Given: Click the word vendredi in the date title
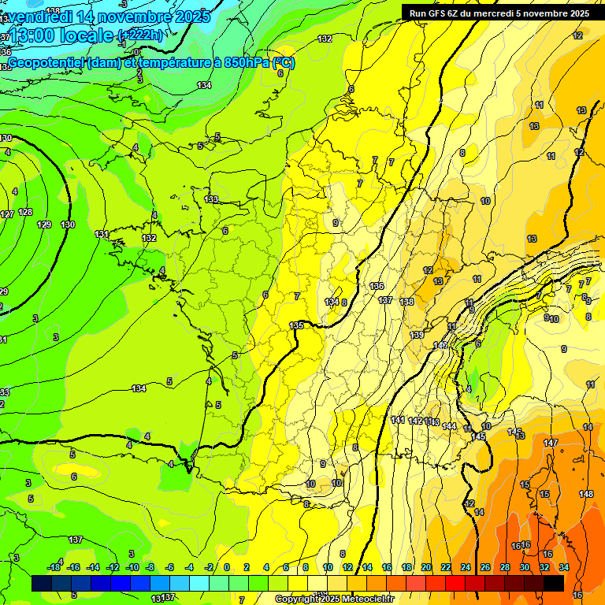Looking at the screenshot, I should coord(36,17).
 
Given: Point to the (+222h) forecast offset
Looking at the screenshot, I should coord(142,35).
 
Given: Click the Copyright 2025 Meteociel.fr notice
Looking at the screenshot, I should coord(334,599).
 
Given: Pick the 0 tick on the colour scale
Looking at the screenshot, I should coord(227,567).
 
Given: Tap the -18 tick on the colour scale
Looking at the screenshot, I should coord(54,567).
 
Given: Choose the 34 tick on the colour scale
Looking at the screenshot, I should coord(564,567).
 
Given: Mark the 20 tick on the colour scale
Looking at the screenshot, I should coord(426,567).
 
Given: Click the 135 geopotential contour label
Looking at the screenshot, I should coord(296,325).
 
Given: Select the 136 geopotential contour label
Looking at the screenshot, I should coord(377,286).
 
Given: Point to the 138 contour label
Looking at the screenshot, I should coord(406,302).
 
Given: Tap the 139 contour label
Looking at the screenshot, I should coord(417,335).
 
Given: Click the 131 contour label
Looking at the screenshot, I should coord(102,234).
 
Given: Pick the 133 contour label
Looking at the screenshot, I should coord(211,199).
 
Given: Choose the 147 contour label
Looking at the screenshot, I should coord(550,443).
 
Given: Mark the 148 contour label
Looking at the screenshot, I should coord(586,494).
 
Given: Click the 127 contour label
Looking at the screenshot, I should coord(6,214).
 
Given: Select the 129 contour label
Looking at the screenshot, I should coord(44,225).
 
